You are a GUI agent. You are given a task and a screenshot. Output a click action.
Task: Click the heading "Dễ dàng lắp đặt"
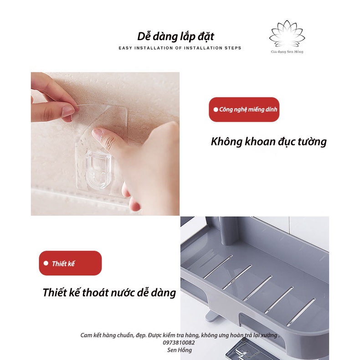coord(175,37)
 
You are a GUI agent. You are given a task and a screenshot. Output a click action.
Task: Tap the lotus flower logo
coord(287,34)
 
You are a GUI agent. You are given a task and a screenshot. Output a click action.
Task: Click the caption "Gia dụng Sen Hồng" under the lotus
coord(287,51)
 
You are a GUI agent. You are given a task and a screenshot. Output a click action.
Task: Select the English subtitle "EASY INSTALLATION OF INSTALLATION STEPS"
coord(180,48)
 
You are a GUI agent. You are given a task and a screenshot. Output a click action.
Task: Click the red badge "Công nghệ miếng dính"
coord(244,109)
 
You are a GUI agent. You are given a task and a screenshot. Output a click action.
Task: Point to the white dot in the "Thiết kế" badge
coord(46,263)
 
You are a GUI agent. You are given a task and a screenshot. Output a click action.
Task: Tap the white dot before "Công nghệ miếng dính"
coord(216,109)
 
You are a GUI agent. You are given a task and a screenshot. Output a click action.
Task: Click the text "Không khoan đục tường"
coord(268,141)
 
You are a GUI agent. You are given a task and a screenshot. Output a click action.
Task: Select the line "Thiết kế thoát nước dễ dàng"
coord(109,293)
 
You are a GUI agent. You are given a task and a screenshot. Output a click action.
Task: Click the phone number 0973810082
coord(179,343)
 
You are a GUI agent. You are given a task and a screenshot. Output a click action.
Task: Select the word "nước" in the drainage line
coord(123,293)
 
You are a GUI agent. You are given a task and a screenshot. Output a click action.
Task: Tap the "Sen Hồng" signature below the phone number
coord(179,350)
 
